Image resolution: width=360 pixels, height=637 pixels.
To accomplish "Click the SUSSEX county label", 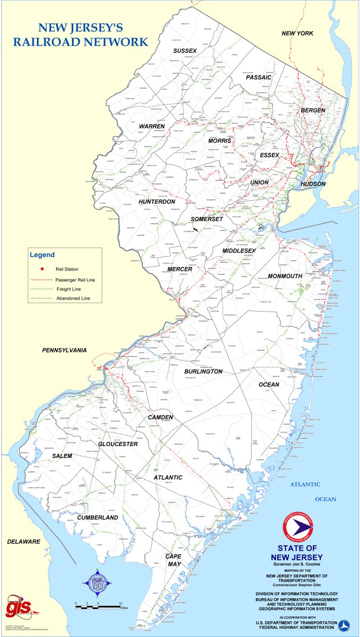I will pos(185,50).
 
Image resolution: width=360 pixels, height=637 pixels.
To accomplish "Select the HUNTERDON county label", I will pos(157,202).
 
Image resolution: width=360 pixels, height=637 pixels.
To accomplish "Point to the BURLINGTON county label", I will pos(203,371).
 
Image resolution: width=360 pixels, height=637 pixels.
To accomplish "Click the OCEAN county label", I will pos(269,384).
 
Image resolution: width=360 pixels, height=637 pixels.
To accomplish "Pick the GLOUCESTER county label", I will pos(118,444).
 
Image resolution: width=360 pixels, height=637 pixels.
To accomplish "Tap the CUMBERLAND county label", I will pos(97,518).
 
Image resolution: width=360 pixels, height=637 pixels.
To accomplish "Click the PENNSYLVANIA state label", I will pos(64,350).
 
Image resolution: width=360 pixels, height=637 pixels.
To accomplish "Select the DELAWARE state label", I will pos(23,541).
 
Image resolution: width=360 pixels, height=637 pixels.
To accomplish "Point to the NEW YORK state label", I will pos(297,33).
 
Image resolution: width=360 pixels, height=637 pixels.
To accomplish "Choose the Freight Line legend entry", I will pos(68,289).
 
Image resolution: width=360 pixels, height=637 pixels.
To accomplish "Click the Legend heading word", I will pos(42,255).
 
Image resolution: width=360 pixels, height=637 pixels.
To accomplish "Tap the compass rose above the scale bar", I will pos(96,583).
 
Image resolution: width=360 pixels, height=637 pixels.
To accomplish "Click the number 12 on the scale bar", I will pos(120,603).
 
